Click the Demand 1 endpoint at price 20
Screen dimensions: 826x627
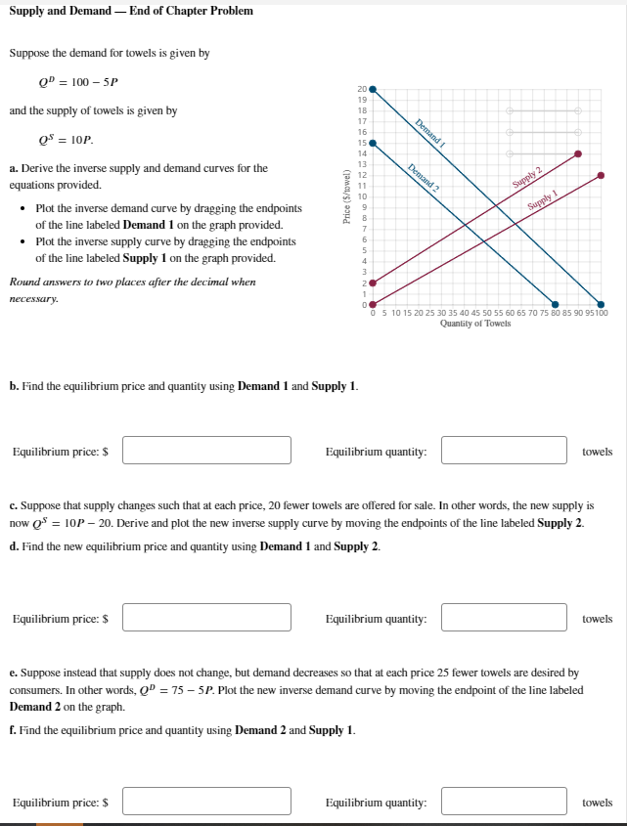[x=371, y=89]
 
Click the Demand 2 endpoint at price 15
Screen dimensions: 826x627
[x=371, y=143]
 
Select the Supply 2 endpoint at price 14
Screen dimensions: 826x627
[x=578, y=153]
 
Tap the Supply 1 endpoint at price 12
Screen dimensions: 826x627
[x=602, y=175]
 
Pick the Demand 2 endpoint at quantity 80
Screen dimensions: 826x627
[x=556, y=304]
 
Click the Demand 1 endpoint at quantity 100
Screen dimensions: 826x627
[x=602, y=304]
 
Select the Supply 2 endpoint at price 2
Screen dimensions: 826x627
[x=371, y=283]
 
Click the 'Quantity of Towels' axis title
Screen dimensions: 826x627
[x=475, y=324]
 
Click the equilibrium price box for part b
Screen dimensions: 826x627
[x=206, y=451]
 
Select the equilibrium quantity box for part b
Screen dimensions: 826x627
[x=504, y=451]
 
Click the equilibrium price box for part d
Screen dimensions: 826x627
[x=206, y=618]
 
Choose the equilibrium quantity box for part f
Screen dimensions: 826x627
[x=504, y=802]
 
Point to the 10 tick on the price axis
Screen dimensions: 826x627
[x=362, y=196]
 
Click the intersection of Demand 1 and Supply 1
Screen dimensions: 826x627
[x=524, y=232]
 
